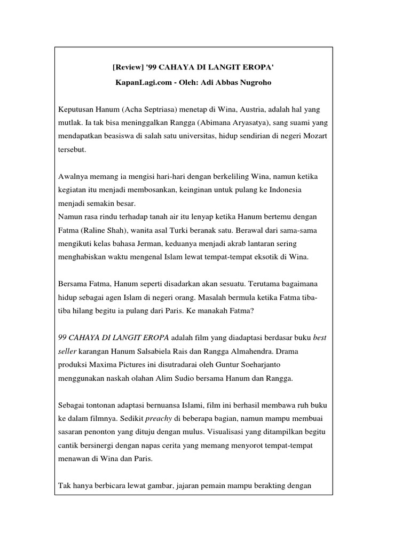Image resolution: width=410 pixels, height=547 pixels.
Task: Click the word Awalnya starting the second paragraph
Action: pyautogui.click(x=75, y=176)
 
